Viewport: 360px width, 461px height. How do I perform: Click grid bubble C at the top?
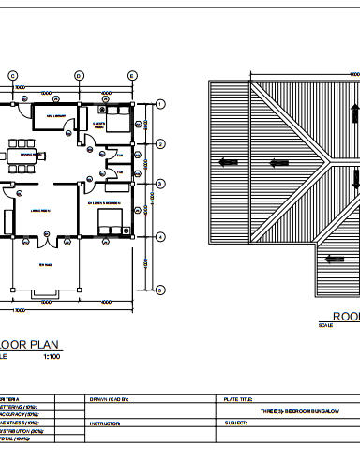coord(13,75)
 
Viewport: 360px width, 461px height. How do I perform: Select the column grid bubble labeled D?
coord(80,75)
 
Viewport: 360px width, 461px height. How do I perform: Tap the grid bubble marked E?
coord(131,75)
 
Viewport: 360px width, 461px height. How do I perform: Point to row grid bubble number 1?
coord(160,104)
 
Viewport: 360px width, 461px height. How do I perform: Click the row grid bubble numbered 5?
coord(160,290)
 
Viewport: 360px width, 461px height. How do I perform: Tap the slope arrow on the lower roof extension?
coord(329,252)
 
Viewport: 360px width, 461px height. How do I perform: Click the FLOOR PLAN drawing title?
coord(34,345)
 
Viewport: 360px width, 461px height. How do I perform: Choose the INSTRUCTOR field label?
coord(104,424)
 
